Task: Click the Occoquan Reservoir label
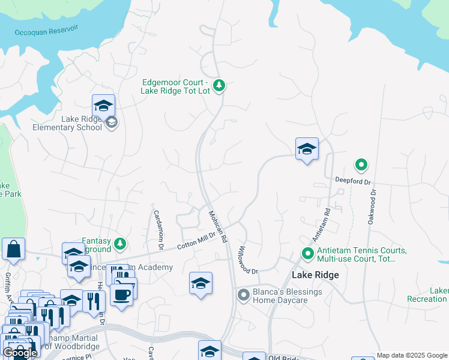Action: [x=47, y=30]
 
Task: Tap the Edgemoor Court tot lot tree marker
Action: [x=219, y=86]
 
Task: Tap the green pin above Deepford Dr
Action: [x=361, y=164]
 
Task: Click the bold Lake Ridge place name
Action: [x=315, y=275]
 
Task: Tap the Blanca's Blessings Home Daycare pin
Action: [x=243, y=295]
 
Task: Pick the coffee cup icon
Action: [x=121, y=295]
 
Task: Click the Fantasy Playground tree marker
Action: [x=121, y=244]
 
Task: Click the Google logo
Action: [x=20, y=353]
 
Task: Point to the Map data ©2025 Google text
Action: [x=412, y=355]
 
